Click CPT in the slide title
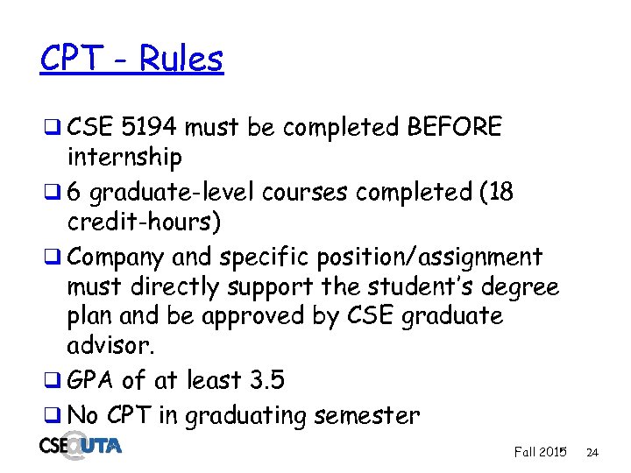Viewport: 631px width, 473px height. [69, 60]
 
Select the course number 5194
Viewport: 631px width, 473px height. [151, 128]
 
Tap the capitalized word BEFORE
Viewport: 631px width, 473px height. [455, 128]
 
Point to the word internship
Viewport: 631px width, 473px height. [124, 158]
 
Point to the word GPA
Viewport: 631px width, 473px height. [91, 381]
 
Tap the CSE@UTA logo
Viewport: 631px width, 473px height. [81, 446]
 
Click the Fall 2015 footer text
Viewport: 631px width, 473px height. [540, 452]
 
